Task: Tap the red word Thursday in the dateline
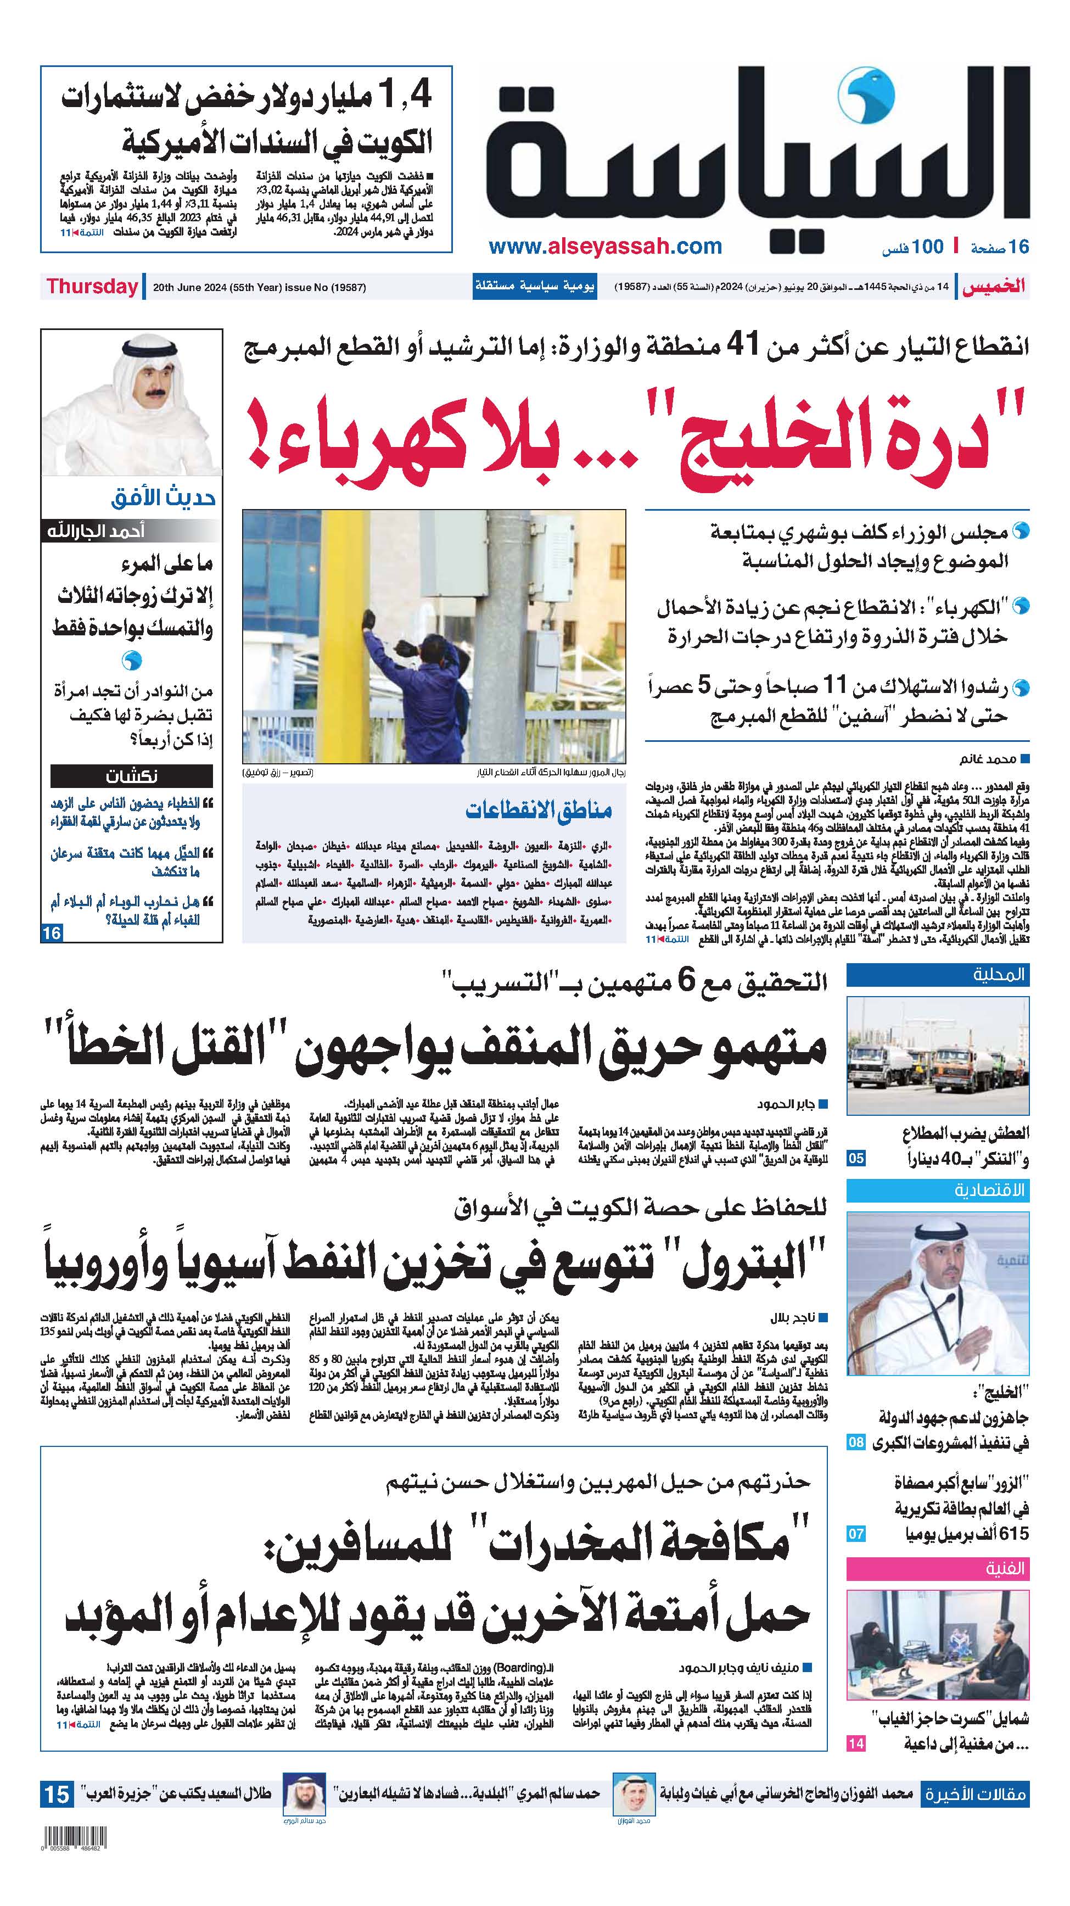92,287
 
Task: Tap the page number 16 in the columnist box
52,933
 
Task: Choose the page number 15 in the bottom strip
57,1795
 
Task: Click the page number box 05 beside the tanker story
855,1158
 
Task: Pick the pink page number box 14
855,1744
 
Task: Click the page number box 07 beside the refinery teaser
855,1534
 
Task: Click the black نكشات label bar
132,776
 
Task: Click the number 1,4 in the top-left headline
404,96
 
